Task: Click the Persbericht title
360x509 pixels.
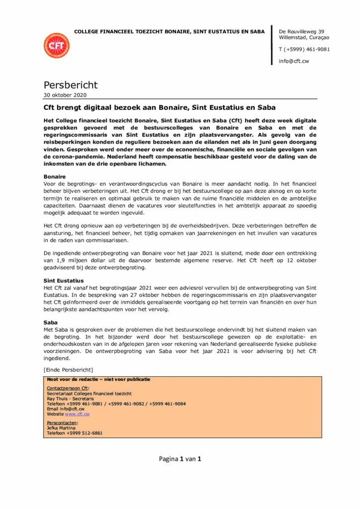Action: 71,85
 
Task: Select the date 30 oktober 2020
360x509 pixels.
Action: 65,95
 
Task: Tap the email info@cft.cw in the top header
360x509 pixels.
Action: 294,61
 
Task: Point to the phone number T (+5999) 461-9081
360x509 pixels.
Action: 304,49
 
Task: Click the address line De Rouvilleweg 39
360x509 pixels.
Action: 302,31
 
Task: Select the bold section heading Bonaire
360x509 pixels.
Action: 55,176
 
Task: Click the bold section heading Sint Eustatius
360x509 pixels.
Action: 64,281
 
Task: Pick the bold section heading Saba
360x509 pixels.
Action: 51,323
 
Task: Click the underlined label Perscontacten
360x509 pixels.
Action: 62,423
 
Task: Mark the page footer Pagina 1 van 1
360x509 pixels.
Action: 180,459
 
